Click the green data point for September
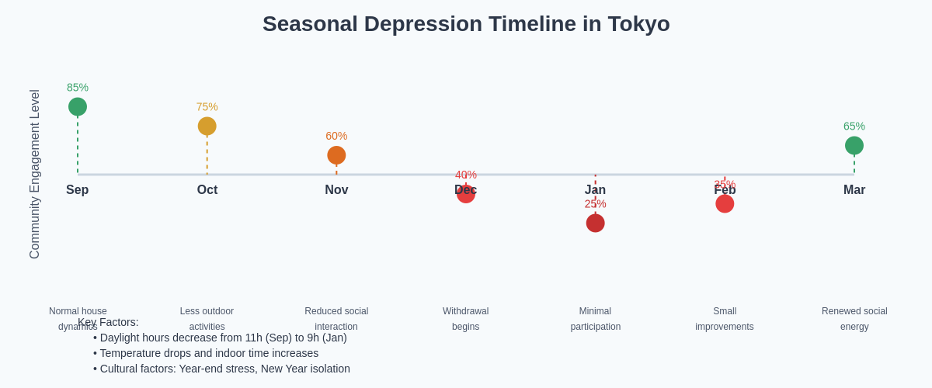click(78, 107)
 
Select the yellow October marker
click(207, 126)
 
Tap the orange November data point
click(336, 155)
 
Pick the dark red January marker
click(596, 223)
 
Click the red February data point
click(725, 204)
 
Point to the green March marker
click(854, 146)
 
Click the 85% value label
click(78, 88)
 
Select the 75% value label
click(207, 107)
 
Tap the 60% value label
click(336, 136)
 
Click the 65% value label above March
click(854, 126)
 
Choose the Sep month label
click(78, 190)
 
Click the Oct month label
click(207, 190)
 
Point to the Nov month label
click(336, 190)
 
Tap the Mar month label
click(854, 190)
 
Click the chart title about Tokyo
click(466, 24)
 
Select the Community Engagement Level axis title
click(35, 174)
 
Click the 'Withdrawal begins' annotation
click(466, 319)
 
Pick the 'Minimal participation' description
click(596, 319)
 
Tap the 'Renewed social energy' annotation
click(854, 319)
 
